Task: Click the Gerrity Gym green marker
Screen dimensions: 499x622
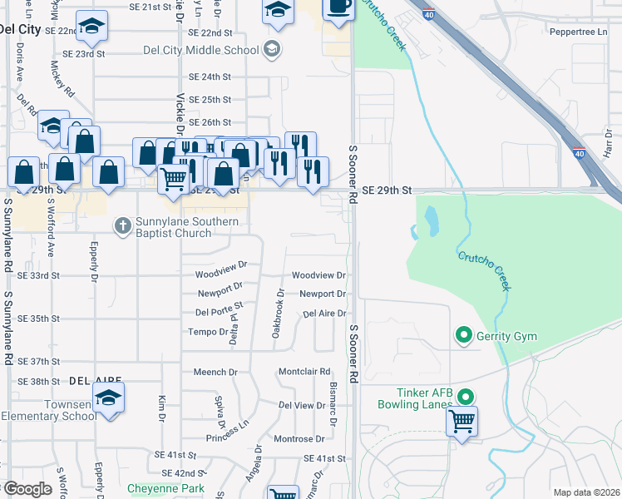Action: [463, 336]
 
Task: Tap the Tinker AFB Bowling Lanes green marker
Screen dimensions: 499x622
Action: [466, 398]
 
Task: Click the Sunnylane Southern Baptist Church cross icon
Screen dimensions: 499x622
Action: [122, 225]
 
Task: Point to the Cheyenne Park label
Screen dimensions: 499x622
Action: [165, 488]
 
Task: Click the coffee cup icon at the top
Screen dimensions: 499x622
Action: [337, 7]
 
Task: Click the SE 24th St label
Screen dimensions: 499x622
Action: [210, 77]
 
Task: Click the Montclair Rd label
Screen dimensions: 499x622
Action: [304, 372]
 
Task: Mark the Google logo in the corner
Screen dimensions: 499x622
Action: [27, 489]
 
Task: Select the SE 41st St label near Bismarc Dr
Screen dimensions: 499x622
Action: [324, 458]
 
